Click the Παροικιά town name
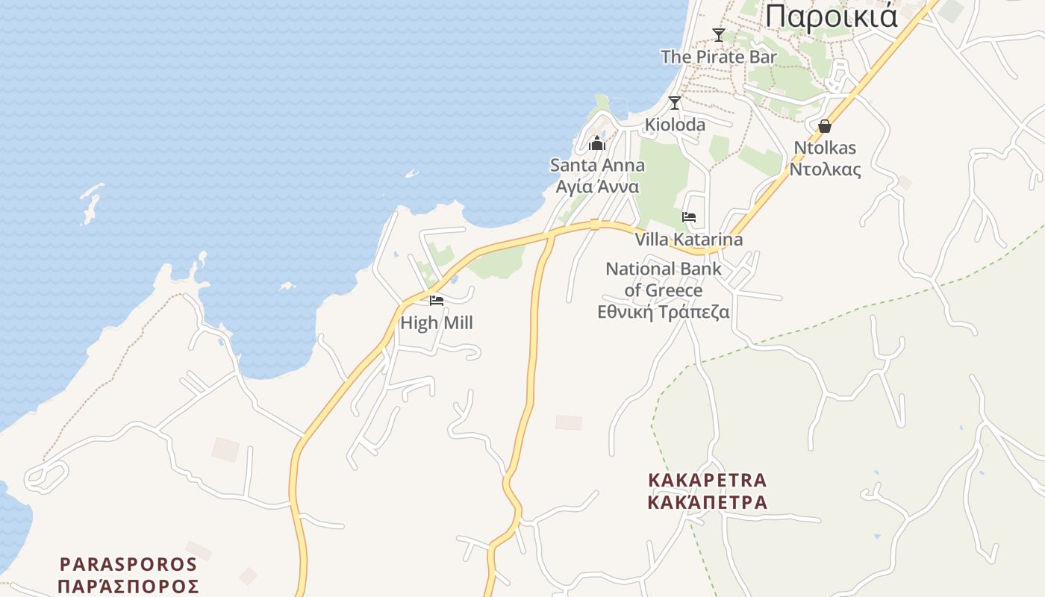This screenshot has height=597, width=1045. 832,16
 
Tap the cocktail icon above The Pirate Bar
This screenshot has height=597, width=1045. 719,34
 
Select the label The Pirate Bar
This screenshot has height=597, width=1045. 719,57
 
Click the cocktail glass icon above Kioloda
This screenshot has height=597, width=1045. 675,102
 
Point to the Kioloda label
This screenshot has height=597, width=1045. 675,125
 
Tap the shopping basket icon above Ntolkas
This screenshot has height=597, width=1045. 825,126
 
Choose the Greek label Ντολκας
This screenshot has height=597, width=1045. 825,169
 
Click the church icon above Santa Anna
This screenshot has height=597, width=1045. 597,143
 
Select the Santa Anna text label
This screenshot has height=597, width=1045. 597,165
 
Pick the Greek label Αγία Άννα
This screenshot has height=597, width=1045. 597,187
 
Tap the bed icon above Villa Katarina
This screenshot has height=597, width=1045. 689,217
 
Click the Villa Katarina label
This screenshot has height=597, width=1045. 689,240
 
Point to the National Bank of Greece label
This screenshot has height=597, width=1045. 664,279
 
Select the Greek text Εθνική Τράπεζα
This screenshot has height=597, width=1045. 664,313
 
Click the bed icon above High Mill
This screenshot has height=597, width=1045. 437,301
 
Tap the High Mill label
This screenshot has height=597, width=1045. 437,323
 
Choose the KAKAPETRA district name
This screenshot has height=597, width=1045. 708,480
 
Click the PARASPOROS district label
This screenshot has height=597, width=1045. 128,564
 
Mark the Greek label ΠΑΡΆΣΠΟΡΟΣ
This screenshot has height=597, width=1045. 128,586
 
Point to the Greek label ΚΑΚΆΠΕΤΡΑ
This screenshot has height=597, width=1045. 708,502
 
